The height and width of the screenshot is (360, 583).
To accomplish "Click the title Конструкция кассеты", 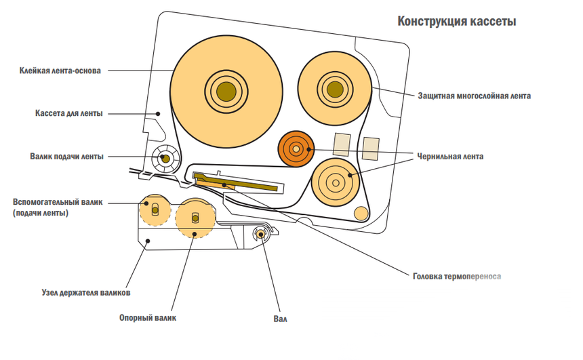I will click(x=457, y=22).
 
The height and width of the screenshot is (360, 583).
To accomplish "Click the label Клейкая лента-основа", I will click(x=60, y=70).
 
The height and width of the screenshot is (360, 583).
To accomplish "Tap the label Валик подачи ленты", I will click(x=66, y=157).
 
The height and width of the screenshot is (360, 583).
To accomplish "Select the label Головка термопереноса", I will click(x=456, y=276).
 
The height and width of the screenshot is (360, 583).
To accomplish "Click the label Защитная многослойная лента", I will click(x=474, y=96).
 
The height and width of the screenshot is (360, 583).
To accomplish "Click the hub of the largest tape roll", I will click(x=226, y=90).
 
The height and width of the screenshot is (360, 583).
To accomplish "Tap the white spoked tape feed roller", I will click(x=165, y=159).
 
